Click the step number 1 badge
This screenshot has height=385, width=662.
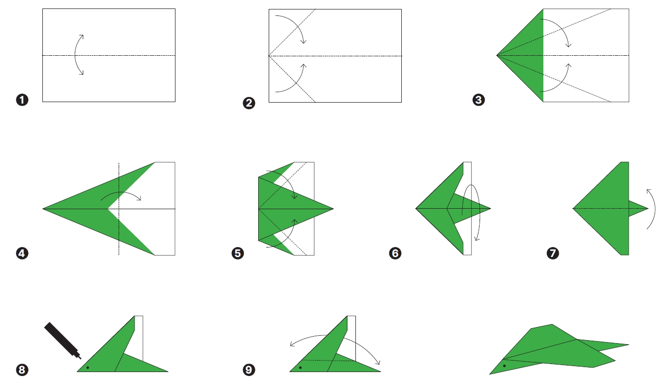22,100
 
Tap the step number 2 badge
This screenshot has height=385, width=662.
249,103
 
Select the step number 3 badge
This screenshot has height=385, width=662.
479,100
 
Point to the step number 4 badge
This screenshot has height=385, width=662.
22,254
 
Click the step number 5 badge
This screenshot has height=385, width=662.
238,254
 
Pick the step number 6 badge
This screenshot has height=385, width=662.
395,254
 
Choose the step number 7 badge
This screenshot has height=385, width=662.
553,254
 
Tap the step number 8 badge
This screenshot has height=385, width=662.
22,370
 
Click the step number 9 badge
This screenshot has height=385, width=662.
249,370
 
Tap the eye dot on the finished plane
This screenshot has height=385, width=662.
504,366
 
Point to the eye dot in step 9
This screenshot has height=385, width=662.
300,368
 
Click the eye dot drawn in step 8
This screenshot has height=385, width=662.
87,368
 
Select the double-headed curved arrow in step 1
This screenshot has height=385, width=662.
75,55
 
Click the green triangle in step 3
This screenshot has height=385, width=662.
528,55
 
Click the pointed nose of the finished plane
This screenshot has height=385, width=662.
491,374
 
